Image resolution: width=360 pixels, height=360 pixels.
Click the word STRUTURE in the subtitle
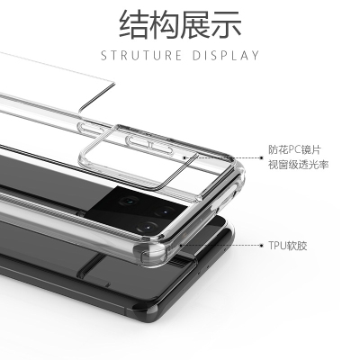click(x=141, y=56)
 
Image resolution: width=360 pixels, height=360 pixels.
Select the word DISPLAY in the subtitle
click(x=226, y=56)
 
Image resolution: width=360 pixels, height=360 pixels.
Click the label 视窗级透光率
click(x=299, y=165)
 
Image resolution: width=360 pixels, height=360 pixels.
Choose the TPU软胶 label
click(x=288, y=246)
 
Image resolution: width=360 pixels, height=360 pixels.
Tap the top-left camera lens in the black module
click(x=130, y=201)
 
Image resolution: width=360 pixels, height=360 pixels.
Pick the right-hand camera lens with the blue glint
click(x=164, y=211)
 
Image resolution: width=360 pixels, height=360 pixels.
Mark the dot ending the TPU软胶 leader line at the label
click(x=262, y=246)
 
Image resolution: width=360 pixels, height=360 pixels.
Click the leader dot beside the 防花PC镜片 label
click(x=262, y=157)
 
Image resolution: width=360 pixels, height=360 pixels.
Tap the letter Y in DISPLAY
click(x=255, y=56)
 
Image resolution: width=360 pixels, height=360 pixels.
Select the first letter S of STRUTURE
click(x=103, y=56)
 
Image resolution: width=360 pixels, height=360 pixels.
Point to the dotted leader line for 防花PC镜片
click(x=222, y=157)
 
